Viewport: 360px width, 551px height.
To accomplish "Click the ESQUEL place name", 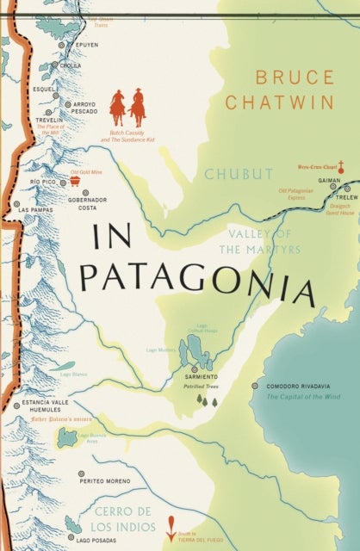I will pyautogui.click(x=43, y=88).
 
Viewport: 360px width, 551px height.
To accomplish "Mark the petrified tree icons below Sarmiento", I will pyautogui.click(x=206, y=399).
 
